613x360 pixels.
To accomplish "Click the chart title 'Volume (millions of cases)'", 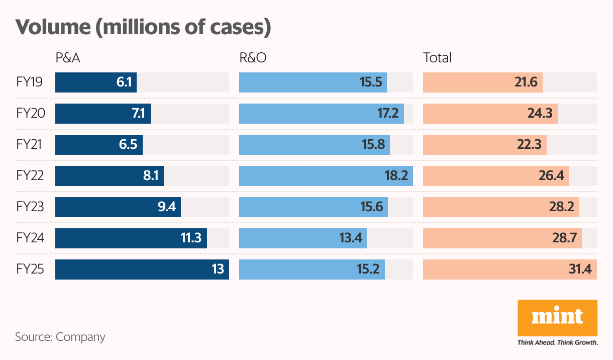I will tap(143, 27).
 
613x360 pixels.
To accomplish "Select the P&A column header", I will tap(68, 58).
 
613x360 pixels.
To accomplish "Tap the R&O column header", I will tap(253, 58).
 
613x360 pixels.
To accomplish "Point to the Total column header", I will tap(437, 58).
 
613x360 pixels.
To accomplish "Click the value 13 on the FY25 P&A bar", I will tap(218, 269).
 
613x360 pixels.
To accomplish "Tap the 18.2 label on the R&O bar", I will tap(396, 176).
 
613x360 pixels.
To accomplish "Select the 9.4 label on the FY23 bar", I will tap(166, 207).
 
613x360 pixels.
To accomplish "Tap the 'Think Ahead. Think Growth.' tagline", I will tap(557, 342).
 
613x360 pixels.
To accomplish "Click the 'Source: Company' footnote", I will tap(60, 336).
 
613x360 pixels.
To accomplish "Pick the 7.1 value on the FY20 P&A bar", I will tap(138, 114).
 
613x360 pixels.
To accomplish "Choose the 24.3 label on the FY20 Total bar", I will tap(541, 114).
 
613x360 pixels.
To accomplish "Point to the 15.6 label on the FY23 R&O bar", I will tap(371, 207).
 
